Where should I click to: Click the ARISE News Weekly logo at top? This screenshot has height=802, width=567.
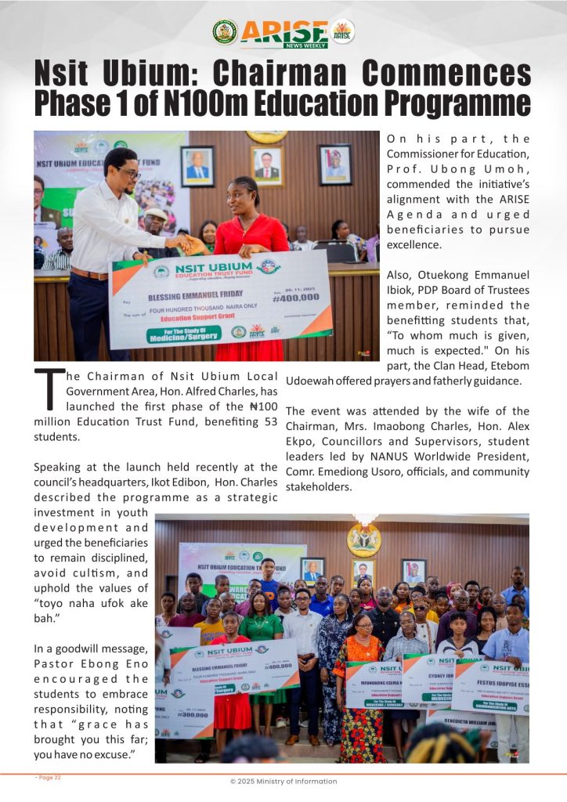pos(283,33)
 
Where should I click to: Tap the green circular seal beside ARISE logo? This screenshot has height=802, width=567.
pos(225,32)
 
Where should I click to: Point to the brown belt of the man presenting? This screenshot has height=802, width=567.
pos(89,273)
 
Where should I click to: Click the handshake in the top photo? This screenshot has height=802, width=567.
pos(188,244)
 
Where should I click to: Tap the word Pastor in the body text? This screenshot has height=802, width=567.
pos(52,663)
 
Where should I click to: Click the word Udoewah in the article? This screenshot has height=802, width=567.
pos(313,381)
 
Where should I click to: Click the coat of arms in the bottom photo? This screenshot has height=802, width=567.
pos(363,540)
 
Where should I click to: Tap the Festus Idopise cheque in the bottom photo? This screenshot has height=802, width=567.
pos(492,681)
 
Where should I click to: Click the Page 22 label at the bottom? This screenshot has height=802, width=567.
pos(48,777)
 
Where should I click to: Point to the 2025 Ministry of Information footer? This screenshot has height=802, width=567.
pos(283,781)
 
